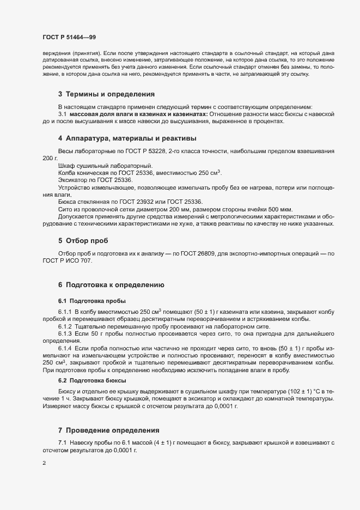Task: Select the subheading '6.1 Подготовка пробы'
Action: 91,301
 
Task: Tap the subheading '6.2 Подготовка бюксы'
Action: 92,380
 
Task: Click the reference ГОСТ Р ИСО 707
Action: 67,261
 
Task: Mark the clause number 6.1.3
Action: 65,332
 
